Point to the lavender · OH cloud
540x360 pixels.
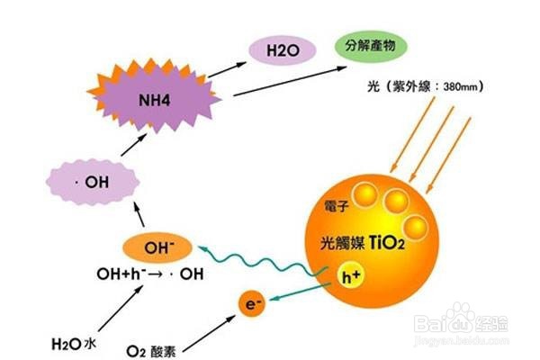[94, 183]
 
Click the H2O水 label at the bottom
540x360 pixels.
[73, 342]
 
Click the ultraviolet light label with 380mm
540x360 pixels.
[428, 86]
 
